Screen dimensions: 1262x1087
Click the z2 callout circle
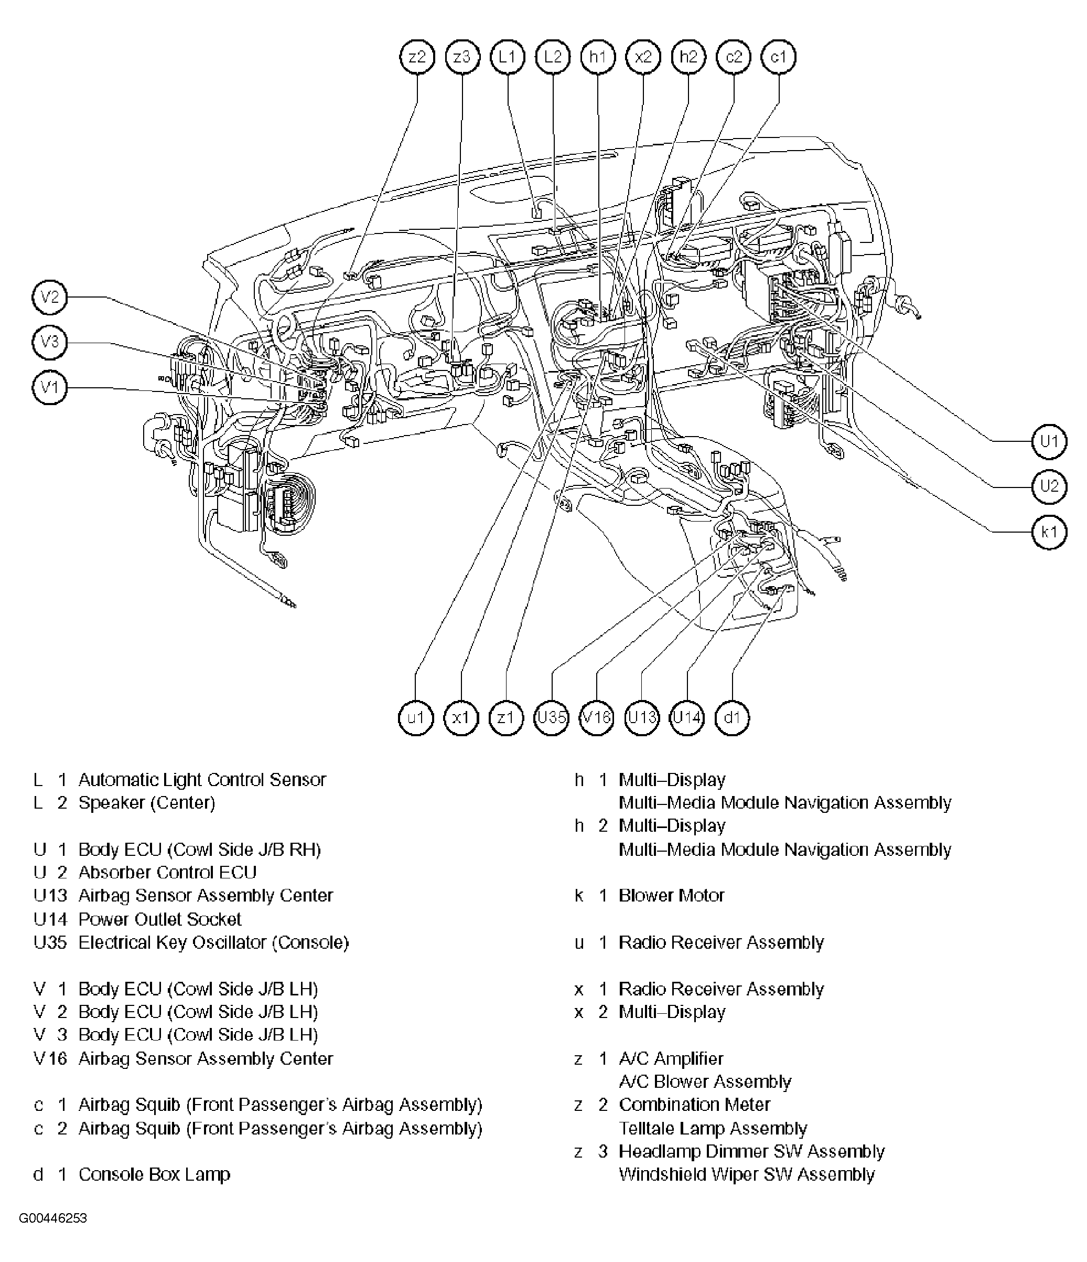[x=417, y=57]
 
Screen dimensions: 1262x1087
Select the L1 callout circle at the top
[x=507, y=57]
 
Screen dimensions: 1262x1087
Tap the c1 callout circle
[x=779, y=57]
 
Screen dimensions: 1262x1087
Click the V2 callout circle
[x=49, y=297]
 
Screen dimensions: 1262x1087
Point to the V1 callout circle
[x=49, y=387]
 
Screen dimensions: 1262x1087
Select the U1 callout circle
[x=1049, y=441]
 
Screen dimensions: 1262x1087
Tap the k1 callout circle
[x=1049, y=532]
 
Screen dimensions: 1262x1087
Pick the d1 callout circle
[x=732, y=717]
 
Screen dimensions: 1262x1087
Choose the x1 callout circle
[x=461, y=717]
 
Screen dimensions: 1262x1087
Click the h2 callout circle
[x=688, y=57]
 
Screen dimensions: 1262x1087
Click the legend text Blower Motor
[x=671, y=895]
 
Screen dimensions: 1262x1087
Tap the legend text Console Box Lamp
[x=155, y=1174]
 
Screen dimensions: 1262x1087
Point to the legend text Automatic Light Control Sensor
[x=202, y=780]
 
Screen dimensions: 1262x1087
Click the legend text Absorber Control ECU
[x=167, y=872]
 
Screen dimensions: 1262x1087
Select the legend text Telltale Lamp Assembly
[x=713, y=1129]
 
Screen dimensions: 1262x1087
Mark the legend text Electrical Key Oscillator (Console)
[x=213, y=942]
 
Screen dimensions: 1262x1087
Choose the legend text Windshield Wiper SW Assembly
[x=747, y=1174]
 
